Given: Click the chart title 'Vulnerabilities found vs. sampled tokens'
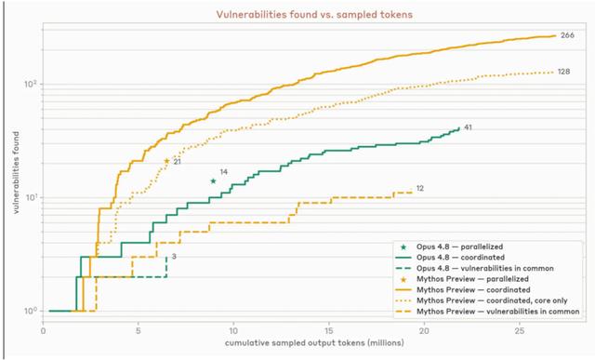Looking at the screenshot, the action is click(x=314, y=15).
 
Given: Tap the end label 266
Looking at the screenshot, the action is click(x=567, y=35).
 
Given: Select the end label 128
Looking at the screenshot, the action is click(x=563, y=72).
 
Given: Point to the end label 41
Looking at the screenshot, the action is click(x=468, y=127).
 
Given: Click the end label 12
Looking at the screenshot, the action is click(x=419, y=188).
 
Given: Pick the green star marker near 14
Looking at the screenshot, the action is click(x=213, y=181).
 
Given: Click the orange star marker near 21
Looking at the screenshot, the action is click(x=166, y=161).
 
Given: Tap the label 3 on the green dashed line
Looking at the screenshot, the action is click(x=174, y=257).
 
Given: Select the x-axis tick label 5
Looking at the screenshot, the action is click(x=139, y=331).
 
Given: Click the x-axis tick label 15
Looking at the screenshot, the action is click(x=328, y=331).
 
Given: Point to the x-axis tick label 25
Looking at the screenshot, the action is click(x=520, y=331).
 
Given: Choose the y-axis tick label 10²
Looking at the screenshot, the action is click(x=32, y=84).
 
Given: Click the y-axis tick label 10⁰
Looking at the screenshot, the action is click(x=32, y=311).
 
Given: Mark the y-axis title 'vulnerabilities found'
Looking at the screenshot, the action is click(x=16, y=173).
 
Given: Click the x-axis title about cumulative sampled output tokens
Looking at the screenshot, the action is click(x=314, y=343).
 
